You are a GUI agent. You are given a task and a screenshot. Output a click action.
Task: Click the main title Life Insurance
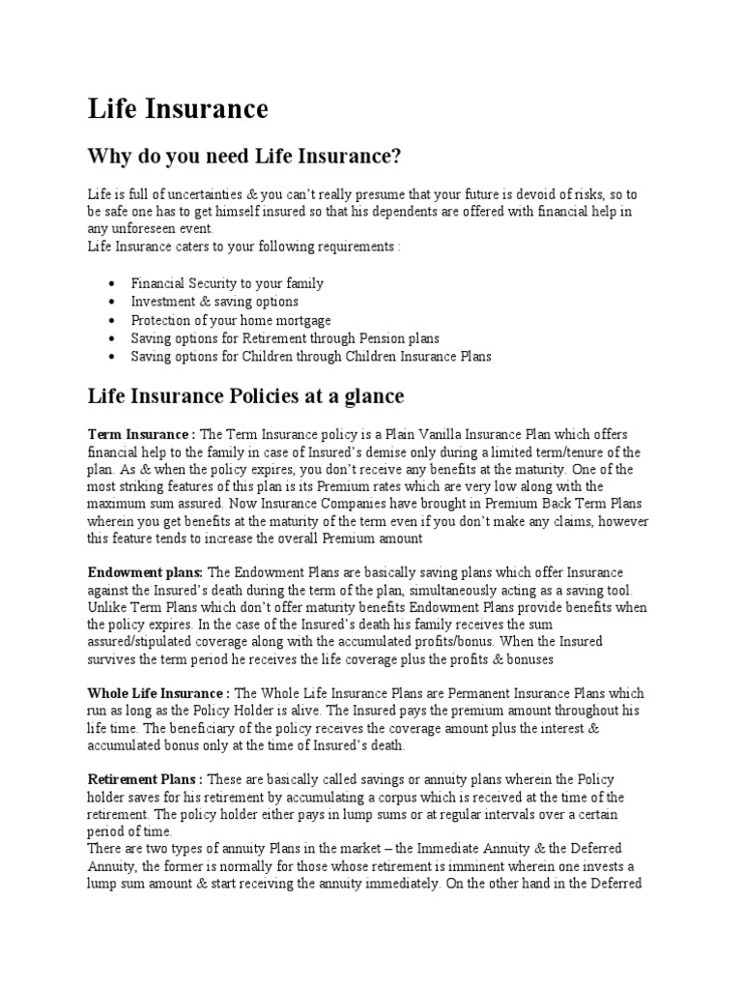[178, 109]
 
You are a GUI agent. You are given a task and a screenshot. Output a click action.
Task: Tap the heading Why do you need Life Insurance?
[243, 156]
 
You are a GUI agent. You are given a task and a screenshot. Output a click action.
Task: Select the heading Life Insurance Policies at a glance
[245, 396]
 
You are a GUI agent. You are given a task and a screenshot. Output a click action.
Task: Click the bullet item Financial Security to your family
[227, 283]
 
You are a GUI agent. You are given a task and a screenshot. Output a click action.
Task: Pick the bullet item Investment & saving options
[214, 302]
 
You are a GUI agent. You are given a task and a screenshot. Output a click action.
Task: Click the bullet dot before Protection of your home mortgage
[112, 320]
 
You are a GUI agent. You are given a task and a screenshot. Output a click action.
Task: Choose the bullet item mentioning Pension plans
[285, 338]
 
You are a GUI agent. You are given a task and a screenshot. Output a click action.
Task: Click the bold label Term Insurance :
[142, 434]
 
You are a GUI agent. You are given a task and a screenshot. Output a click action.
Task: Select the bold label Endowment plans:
[145, 572]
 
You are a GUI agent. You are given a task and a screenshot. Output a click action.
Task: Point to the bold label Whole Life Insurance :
[158, 693]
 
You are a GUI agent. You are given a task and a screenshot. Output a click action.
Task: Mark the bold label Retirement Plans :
[145, 779]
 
